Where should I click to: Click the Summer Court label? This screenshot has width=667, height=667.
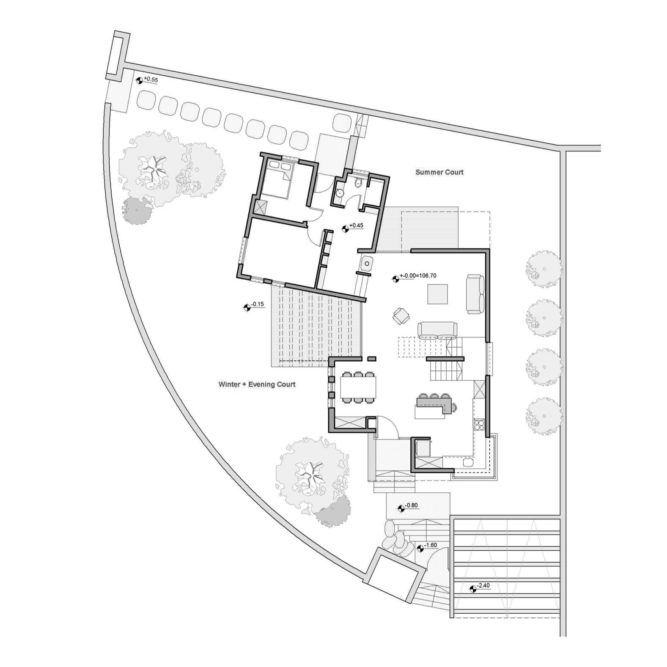pyautogui.click(x=439, y=172)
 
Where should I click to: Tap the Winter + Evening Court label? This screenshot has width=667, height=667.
pyautogui.click(x=257, y=384)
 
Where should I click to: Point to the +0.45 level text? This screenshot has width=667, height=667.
pyautogui.click(x=357, y=225)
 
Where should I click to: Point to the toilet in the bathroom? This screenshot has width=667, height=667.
pyautogui.click(x=359, y=182)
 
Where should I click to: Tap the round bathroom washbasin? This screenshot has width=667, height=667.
pyautogui.click(x=339, y=193)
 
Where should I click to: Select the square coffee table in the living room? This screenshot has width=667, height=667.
pyautogui.click(x=437, y=294)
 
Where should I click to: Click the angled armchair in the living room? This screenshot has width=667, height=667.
pyautogui.click(x=401, y=316)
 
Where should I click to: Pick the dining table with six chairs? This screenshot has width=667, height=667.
pyautogui.click(x=358, y=387)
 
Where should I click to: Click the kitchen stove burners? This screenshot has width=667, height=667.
pyautogui.click(x=479, y=424)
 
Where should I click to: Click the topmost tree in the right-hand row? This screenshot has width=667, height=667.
pyautogui.click(x=544, y=269)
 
